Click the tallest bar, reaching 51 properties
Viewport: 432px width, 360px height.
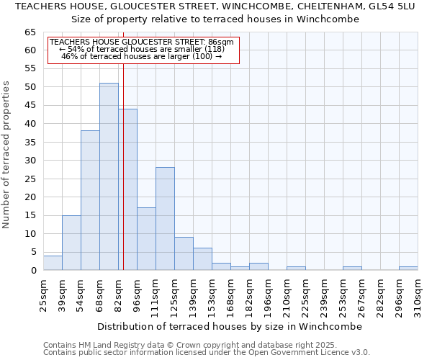coord(109,176)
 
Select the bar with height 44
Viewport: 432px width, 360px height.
coord(127,189)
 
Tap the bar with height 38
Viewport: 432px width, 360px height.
coord(90,200)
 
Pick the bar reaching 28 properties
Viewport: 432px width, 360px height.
coord(165,219)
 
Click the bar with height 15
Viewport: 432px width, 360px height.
coord(71,243)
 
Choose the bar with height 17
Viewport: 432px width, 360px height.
coord(146,239)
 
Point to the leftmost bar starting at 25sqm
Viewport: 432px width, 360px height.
coord(53,263)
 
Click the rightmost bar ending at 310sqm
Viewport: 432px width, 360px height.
coord(408,269)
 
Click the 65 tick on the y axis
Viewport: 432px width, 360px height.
coord(30,32)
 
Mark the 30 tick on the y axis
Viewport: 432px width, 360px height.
coord(30,161)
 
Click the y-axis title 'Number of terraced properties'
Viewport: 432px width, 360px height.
coord(7,155)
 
